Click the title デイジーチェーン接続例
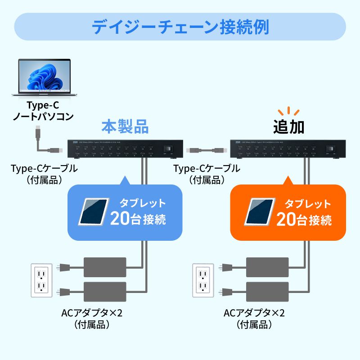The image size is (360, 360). point(180,27)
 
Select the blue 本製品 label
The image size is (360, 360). point(125,126)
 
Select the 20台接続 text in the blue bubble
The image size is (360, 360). point(138,220)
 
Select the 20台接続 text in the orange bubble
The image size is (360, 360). point(304,220)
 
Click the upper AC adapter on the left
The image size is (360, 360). point(105,267)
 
